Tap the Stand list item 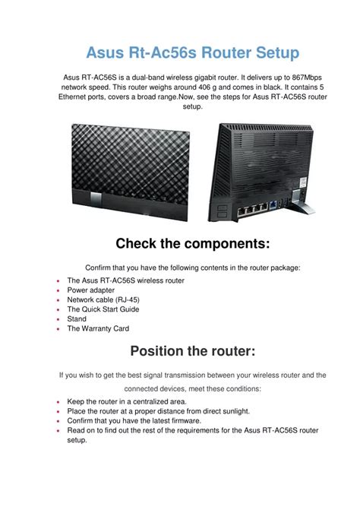coord(77,319)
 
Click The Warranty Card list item coord(98,329)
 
